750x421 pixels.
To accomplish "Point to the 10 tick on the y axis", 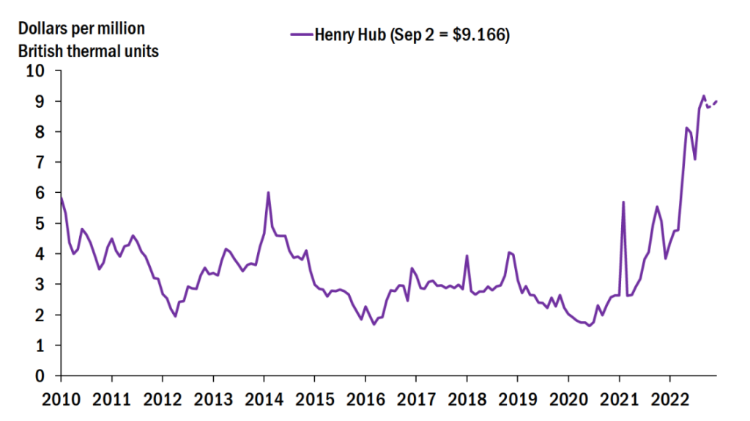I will pyautogui.click(x=35, y=71).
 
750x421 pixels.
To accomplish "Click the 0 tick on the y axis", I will pyautogui.click(x=40, y=376).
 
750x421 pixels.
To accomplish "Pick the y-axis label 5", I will pyautogui.click(x=40, y=223).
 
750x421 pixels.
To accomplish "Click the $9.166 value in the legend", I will pyautogui.click(x=480, y=35).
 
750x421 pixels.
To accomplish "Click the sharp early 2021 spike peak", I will pyautogui.click(x=623, y=202).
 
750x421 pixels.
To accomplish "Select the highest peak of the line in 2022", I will pyautogui.click(x=704, y=96).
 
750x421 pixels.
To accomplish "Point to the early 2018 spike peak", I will pyautogui.click(x=467, y=256).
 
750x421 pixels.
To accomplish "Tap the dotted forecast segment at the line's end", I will pyautogui.click(x=712, y=104).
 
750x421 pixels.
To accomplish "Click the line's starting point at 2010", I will pyautogui.click(x=60, y=197).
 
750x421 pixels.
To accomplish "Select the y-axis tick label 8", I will pyautogui.click(x=40, y=132).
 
